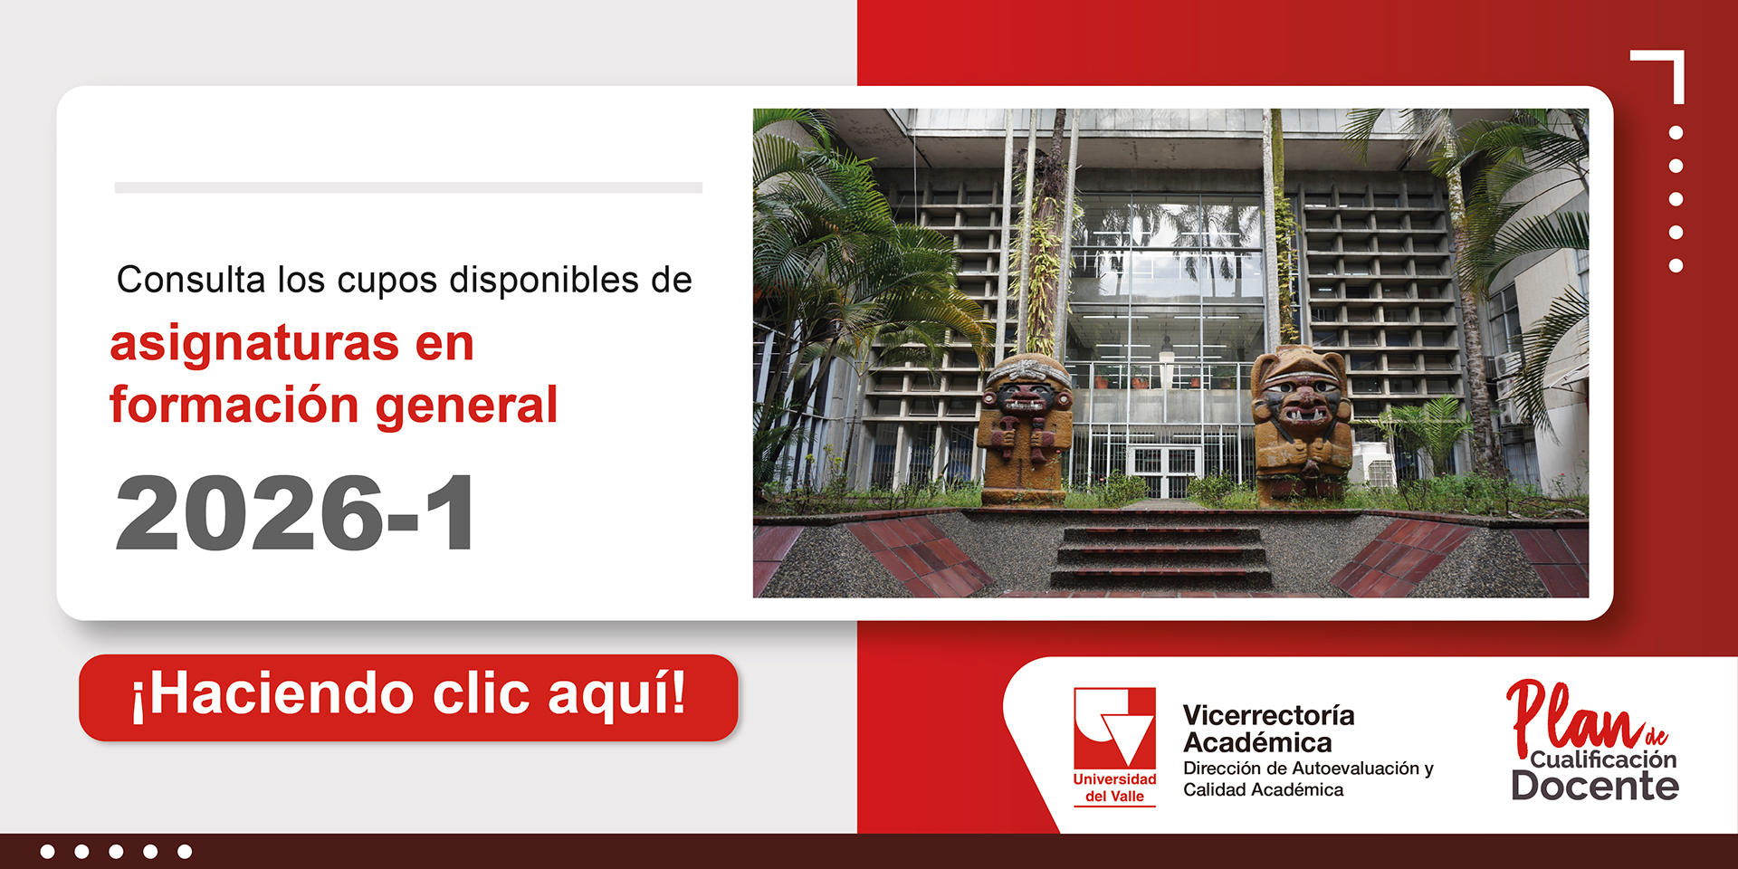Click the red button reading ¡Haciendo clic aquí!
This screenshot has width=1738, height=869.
pos(408,697)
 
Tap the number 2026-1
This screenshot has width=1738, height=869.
pos(295,513)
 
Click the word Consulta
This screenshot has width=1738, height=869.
pos(191,280)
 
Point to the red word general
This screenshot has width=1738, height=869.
pos(466,406)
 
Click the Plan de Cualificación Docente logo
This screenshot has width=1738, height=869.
pos(1594,740)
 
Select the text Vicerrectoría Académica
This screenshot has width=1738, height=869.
pos(1268,729)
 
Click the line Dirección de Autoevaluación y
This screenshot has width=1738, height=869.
pos(1308,769)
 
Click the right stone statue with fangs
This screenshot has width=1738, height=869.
pos(1300,424)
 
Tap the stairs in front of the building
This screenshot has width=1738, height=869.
pos(1161,558)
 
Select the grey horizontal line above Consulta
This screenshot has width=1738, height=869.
pos(408,187)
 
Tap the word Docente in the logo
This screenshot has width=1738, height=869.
pos(1595,785)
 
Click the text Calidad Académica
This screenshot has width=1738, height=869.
pos(1263,790)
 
